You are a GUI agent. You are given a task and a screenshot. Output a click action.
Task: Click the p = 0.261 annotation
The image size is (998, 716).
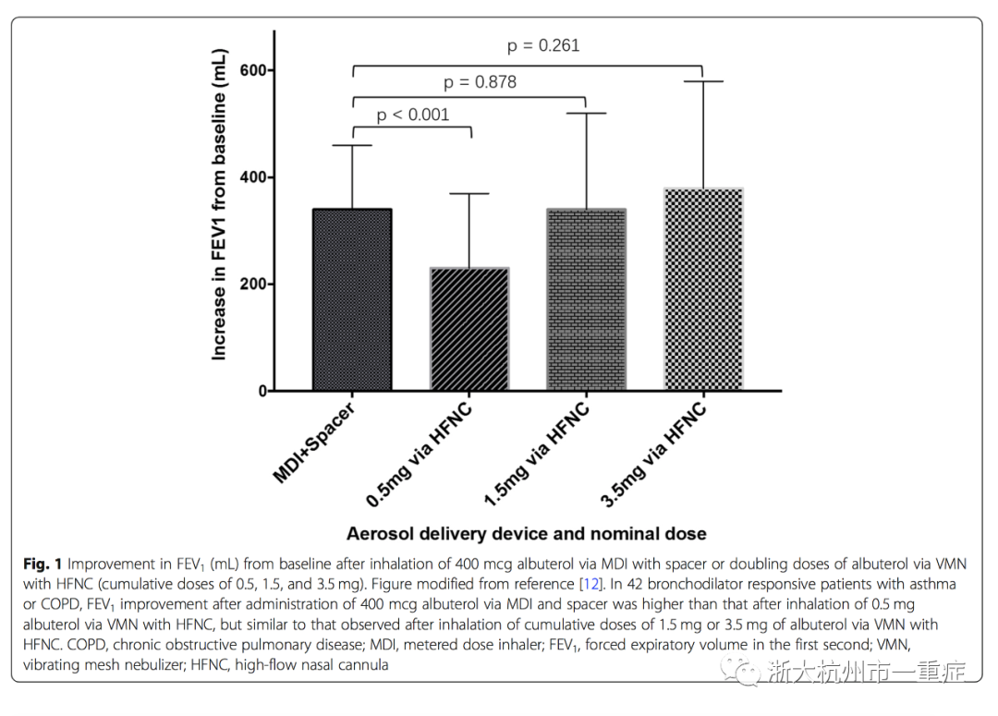543,45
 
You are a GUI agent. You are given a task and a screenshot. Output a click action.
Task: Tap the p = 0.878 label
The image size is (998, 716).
480,82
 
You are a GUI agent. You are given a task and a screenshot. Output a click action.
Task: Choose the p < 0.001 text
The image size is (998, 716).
412,115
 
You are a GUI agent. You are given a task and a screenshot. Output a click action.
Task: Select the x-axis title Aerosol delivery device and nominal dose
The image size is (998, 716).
527,533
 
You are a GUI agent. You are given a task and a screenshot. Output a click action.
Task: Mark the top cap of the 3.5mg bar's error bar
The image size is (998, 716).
703,81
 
